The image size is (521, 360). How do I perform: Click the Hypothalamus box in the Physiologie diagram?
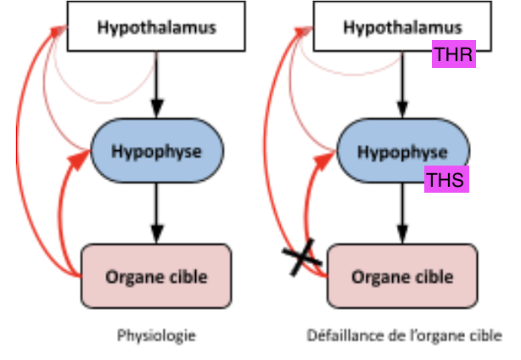coord(156,26)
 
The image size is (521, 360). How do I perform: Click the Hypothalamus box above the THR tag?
coord(402,26)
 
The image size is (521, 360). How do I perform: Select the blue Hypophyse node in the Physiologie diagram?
coord(156,150)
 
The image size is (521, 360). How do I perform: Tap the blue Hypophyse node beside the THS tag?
coord(402,151)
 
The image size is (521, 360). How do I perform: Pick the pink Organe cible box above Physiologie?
coord(156,276)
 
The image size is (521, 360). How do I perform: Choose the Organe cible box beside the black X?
coord(402,276)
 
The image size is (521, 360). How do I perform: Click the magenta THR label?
coord(453,56)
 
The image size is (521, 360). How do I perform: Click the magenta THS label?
coord(446,179)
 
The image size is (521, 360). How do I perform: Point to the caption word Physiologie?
coord(156,335)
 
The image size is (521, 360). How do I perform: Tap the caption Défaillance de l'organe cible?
coord(404,335)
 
